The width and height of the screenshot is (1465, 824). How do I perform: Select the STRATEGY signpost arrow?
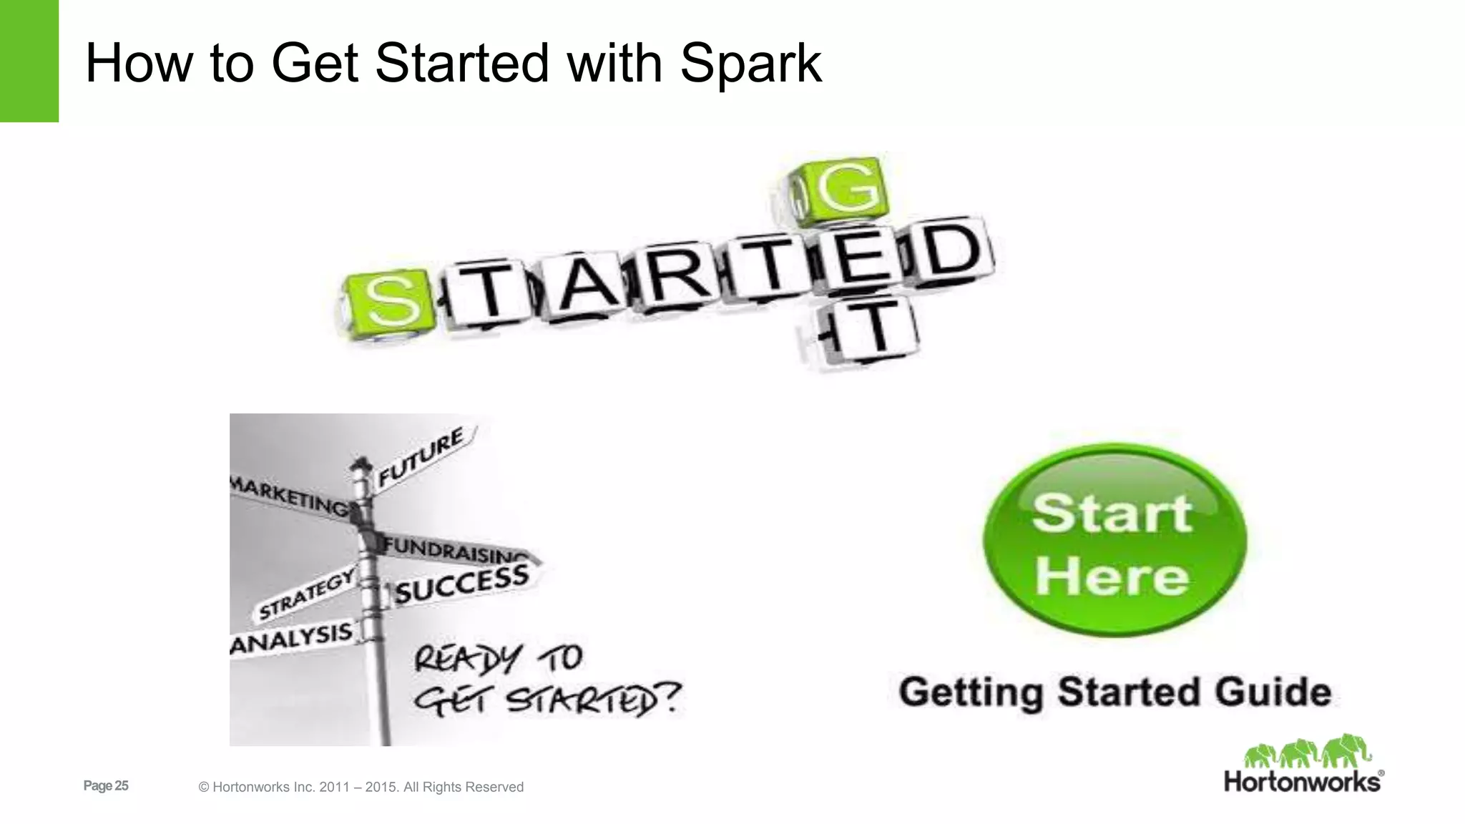pyautogui.click(x=306, y=594)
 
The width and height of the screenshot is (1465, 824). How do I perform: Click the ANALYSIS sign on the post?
pyautogui.click(x=292, y=637)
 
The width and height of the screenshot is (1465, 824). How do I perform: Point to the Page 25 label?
pyautogui.click(x=106, y=786)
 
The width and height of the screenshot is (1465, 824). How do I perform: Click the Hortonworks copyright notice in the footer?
pyautogui.click(x=361, y=787)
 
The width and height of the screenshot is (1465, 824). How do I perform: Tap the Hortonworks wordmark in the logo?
pyautogui.click(x=1302, y=781)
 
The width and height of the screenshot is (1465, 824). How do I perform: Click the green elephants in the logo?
pyautogui.click(x=1307, y=752)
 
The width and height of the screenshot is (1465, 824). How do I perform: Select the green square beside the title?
pyautogui.click(x=29, y=61)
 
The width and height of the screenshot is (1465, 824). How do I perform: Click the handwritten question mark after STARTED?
pyautogui.click(x=670, y=698)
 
